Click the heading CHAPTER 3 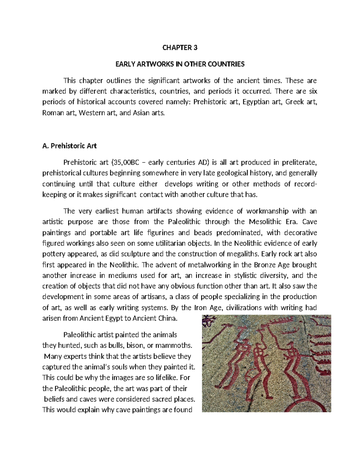180,48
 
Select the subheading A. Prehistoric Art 70,146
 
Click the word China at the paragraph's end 167,318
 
